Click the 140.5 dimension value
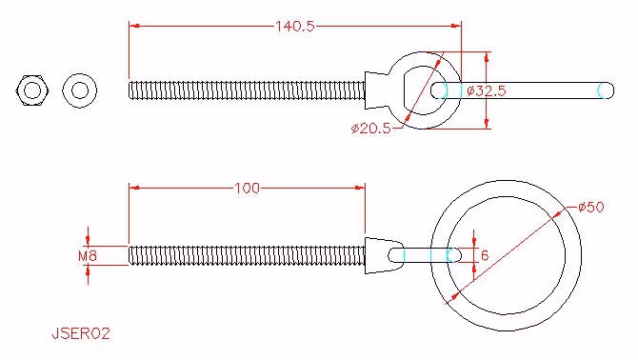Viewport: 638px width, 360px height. point(295,27)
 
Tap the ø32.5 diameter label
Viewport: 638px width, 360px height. point(487,90)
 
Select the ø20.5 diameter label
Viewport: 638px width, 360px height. point(370,129)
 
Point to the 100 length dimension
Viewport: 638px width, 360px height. point(247,188)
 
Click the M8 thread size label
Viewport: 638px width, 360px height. point(88,256)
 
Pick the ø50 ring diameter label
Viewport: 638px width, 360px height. point(590,207)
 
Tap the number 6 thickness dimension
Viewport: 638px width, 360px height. point(485,255)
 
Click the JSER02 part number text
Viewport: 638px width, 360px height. point(81,333)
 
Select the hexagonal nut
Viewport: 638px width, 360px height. point(32,90)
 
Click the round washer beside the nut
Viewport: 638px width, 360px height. point(80,90)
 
